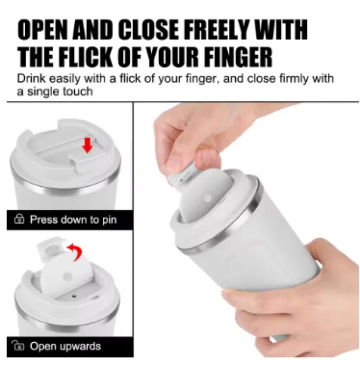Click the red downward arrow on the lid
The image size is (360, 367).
click(x=88, y=145)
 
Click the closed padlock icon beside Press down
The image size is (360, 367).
click(x=19, y=219)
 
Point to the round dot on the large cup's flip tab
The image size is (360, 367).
click(x=207, y=199)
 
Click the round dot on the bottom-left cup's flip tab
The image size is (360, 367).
click(x=68, y=277)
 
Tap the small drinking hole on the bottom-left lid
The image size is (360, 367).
click(x=74, y=296)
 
